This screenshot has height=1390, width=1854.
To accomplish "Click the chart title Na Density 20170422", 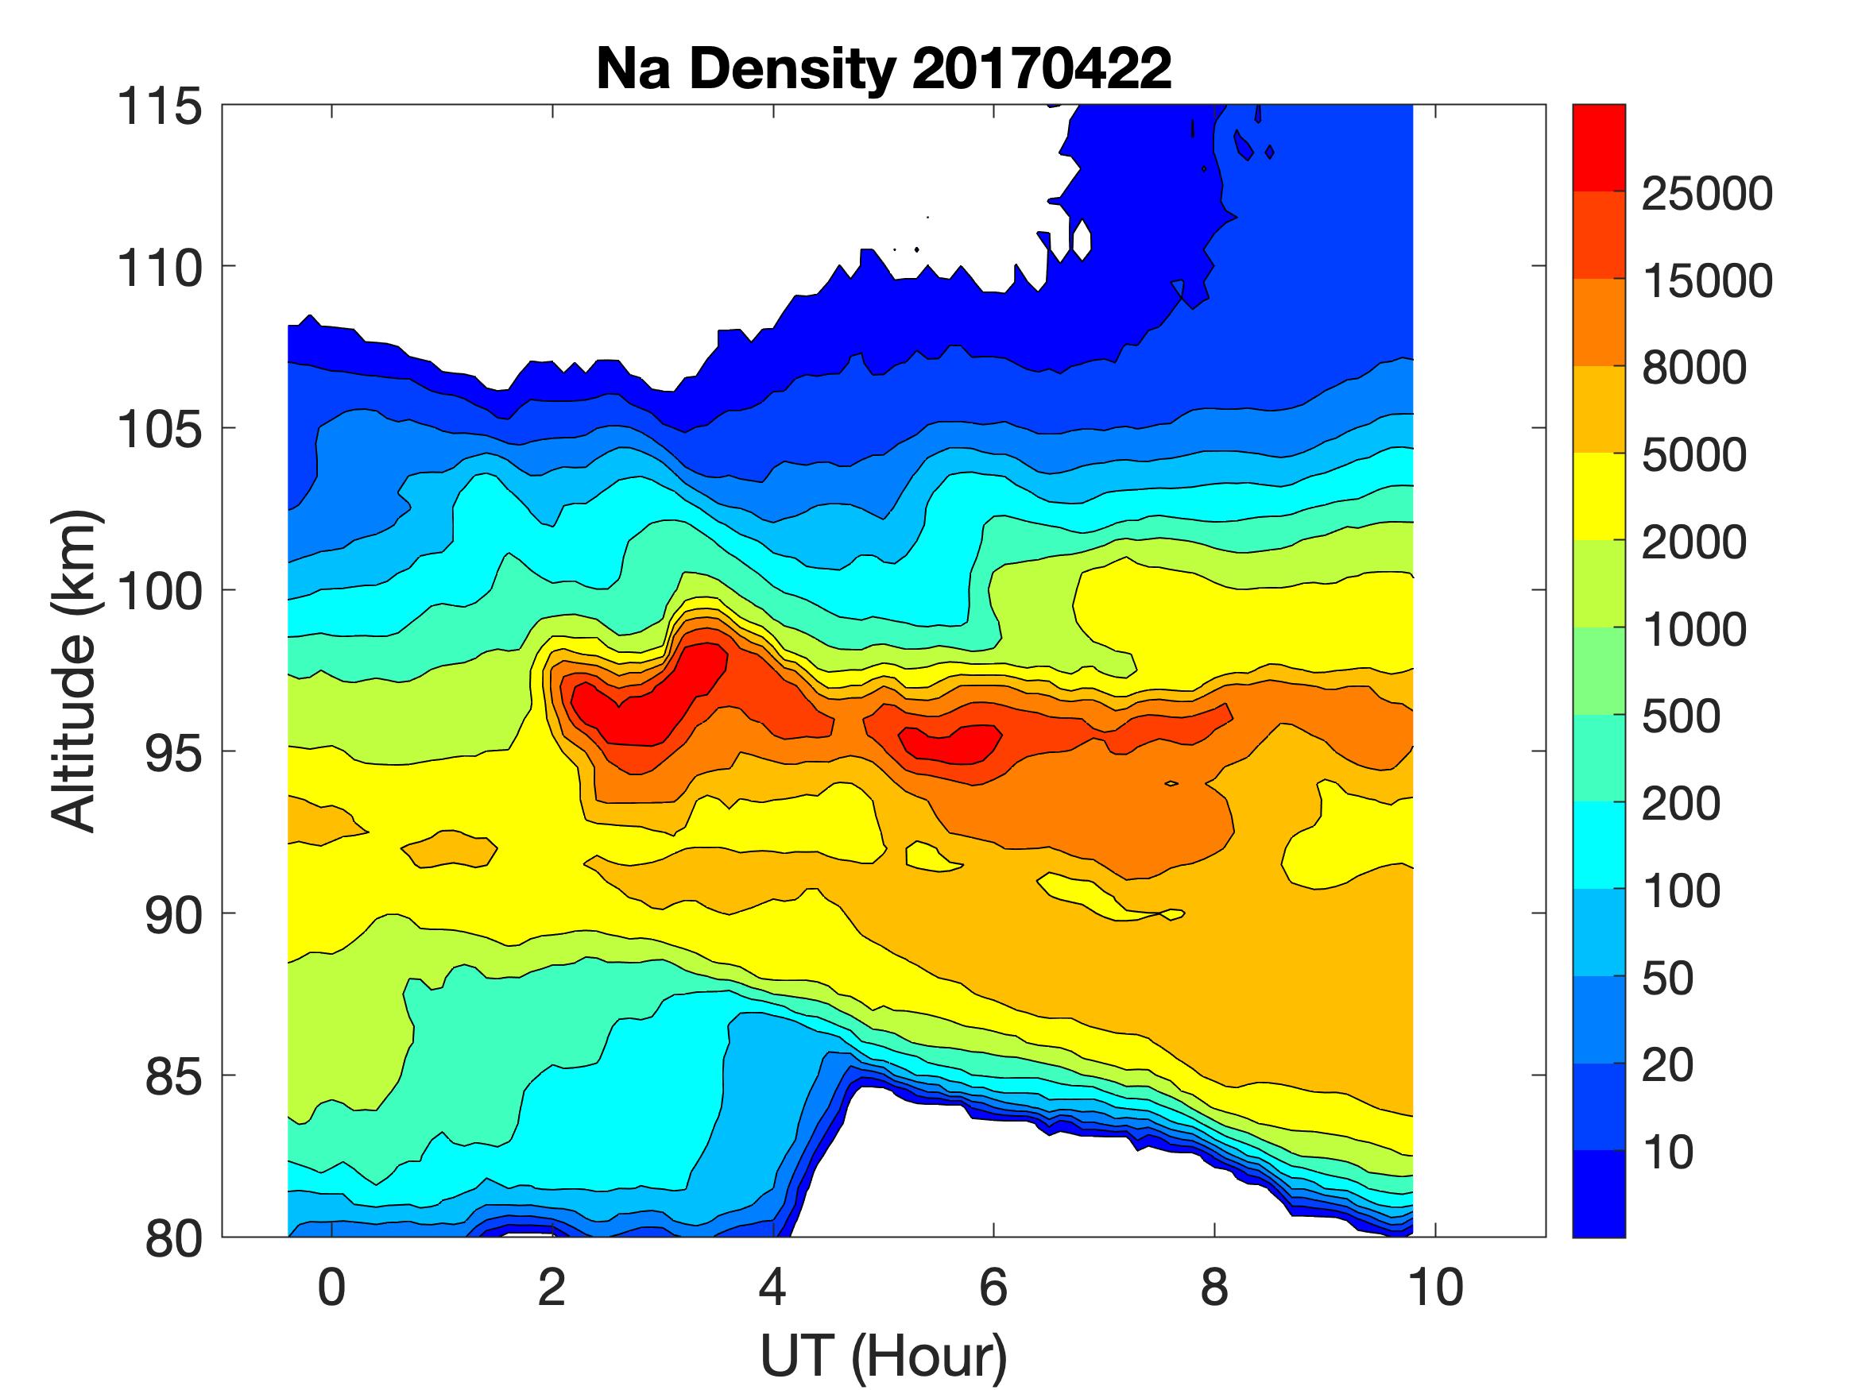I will click(x=884, y=68).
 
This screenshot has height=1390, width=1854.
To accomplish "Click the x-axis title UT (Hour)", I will click(x=884, y=1355).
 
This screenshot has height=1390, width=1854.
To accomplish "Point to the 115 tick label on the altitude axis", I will click(x=159, y=106).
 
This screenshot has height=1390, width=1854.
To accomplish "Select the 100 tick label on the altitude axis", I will click(x=159, y=591).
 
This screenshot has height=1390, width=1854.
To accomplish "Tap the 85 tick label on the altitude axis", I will click(x=173, y=1075).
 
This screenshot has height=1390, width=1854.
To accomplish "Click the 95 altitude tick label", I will click(x=173, y=752).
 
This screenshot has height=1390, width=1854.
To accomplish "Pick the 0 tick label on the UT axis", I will click(x=332, y=1287).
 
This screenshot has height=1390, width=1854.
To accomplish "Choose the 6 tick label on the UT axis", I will click(x=993, y=1287).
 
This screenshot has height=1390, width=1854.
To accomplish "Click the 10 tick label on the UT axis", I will click(x=1435, y=1287).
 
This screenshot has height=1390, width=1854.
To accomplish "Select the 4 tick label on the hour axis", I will click(x=772, y=1287).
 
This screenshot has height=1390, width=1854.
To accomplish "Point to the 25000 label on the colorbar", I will click(x=1706, y=194).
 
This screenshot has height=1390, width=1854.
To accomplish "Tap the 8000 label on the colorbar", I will click(x=1693, y=367).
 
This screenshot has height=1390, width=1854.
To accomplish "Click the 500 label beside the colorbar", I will click(x=1681, y=716).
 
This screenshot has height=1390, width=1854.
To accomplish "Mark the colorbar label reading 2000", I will click(x=1693, y=542).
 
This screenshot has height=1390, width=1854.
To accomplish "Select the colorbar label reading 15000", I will click(x=1706, y=280).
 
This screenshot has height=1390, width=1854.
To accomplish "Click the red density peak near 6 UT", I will click(x=951, y=743).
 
